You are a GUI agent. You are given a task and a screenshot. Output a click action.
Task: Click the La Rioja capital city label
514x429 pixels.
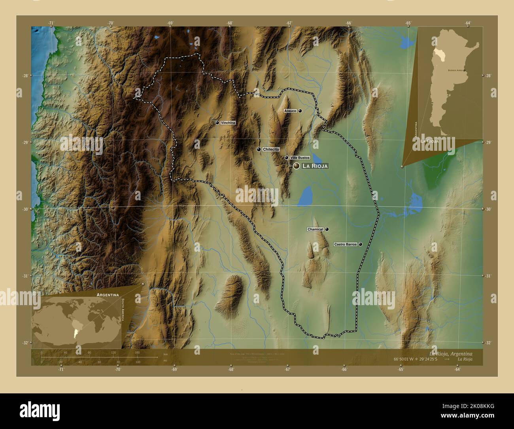point(315,166)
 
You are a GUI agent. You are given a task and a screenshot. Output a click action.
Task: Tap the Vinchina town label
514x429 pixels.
point(228,123)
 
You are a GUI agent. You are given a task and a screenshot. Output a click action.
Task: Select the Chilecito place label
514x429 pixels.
point(271,150)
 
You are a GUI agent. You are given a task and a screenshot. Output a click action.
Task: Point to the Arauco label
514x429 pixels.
point(290,111)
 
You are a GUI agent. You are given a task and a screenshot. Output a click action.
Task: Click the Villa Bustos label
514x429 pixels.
point(300,158)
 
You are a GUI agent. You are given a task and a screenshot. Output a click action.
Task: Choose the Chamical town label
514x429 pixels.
point(316,229)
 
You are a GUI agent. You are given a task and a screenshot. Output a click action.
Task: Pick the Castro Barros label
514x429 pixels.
point(345,245)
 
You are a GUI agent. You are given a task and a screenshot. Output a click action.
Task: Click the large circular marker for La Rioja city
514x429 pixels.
point(296,166)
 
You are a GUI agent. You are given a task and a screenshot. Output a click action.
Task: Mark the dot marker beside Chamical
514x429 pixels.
point(327,229)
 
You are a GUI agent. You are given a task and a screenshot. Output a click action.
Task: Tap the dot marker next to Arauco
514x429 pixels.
point(300,111)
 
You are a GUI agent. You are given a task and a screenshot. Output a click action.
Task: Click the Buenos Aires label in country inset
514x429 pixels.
point(454,70)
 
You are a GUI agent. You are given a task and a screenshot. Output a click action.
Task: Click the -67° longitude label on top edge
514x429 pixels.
point(289,23)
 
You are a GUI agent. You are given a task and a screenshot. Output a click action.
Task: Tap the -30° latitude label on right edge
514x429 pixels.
point(488,209)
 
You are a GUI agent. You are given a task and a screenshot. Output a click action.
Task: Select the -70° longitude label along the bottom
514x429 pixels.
point(117,369)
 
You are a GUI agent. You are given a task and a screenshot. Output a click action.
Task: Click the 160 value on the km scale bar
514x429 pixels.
point(137,352)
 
